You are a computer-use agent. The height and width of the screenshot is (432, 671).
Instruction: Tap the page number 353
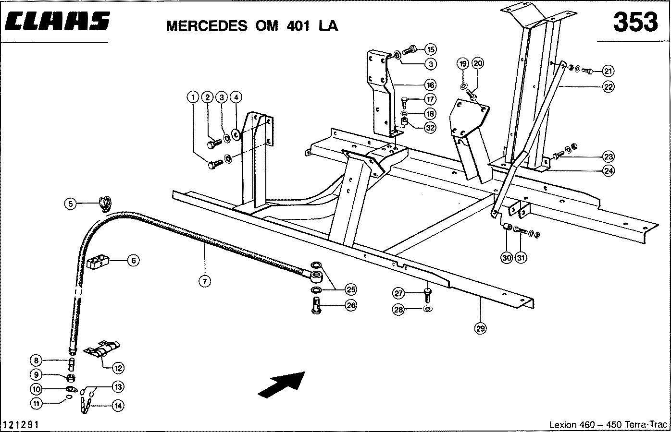coord(635,22)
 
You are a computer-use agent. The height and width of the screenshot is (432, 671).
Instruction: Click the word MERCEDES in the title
coord(205,25)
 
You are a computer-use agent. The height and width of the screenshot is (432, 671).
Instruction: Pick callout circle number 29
coord(480,328)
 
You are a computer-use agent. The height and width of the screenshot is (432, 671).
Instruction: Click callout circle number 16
coord(430,85)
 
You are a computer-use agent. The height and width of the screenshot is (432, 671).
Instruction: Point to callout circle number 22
coord(609,87)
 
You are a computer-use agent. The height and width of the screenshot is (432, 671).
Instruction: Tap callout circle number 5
coord(71,204)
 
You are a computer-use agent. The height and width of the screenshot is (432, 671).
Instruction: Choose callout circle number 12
coord(118,368)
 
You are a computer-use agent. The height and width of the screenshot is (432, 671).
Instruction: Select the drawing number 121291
coord(21,425)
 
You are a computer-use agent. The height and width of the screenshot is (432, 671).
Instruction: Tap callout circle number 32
coord(430,128)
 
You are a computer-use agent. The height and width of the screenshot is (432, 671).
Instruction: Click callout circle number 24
coord(609,170)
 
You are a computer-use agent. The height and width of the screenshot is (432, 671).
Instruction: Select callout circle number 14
coord(118,406)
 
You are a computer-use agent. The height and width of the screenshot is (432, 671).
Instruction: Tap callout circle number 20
coord(477,63)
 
